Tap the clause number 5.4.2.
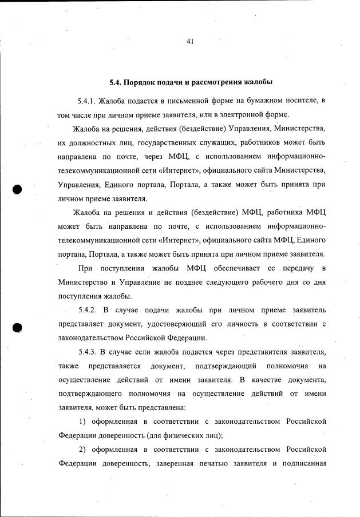click(x=90, y=310)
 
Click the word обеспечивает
click(x=238, y=268)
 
